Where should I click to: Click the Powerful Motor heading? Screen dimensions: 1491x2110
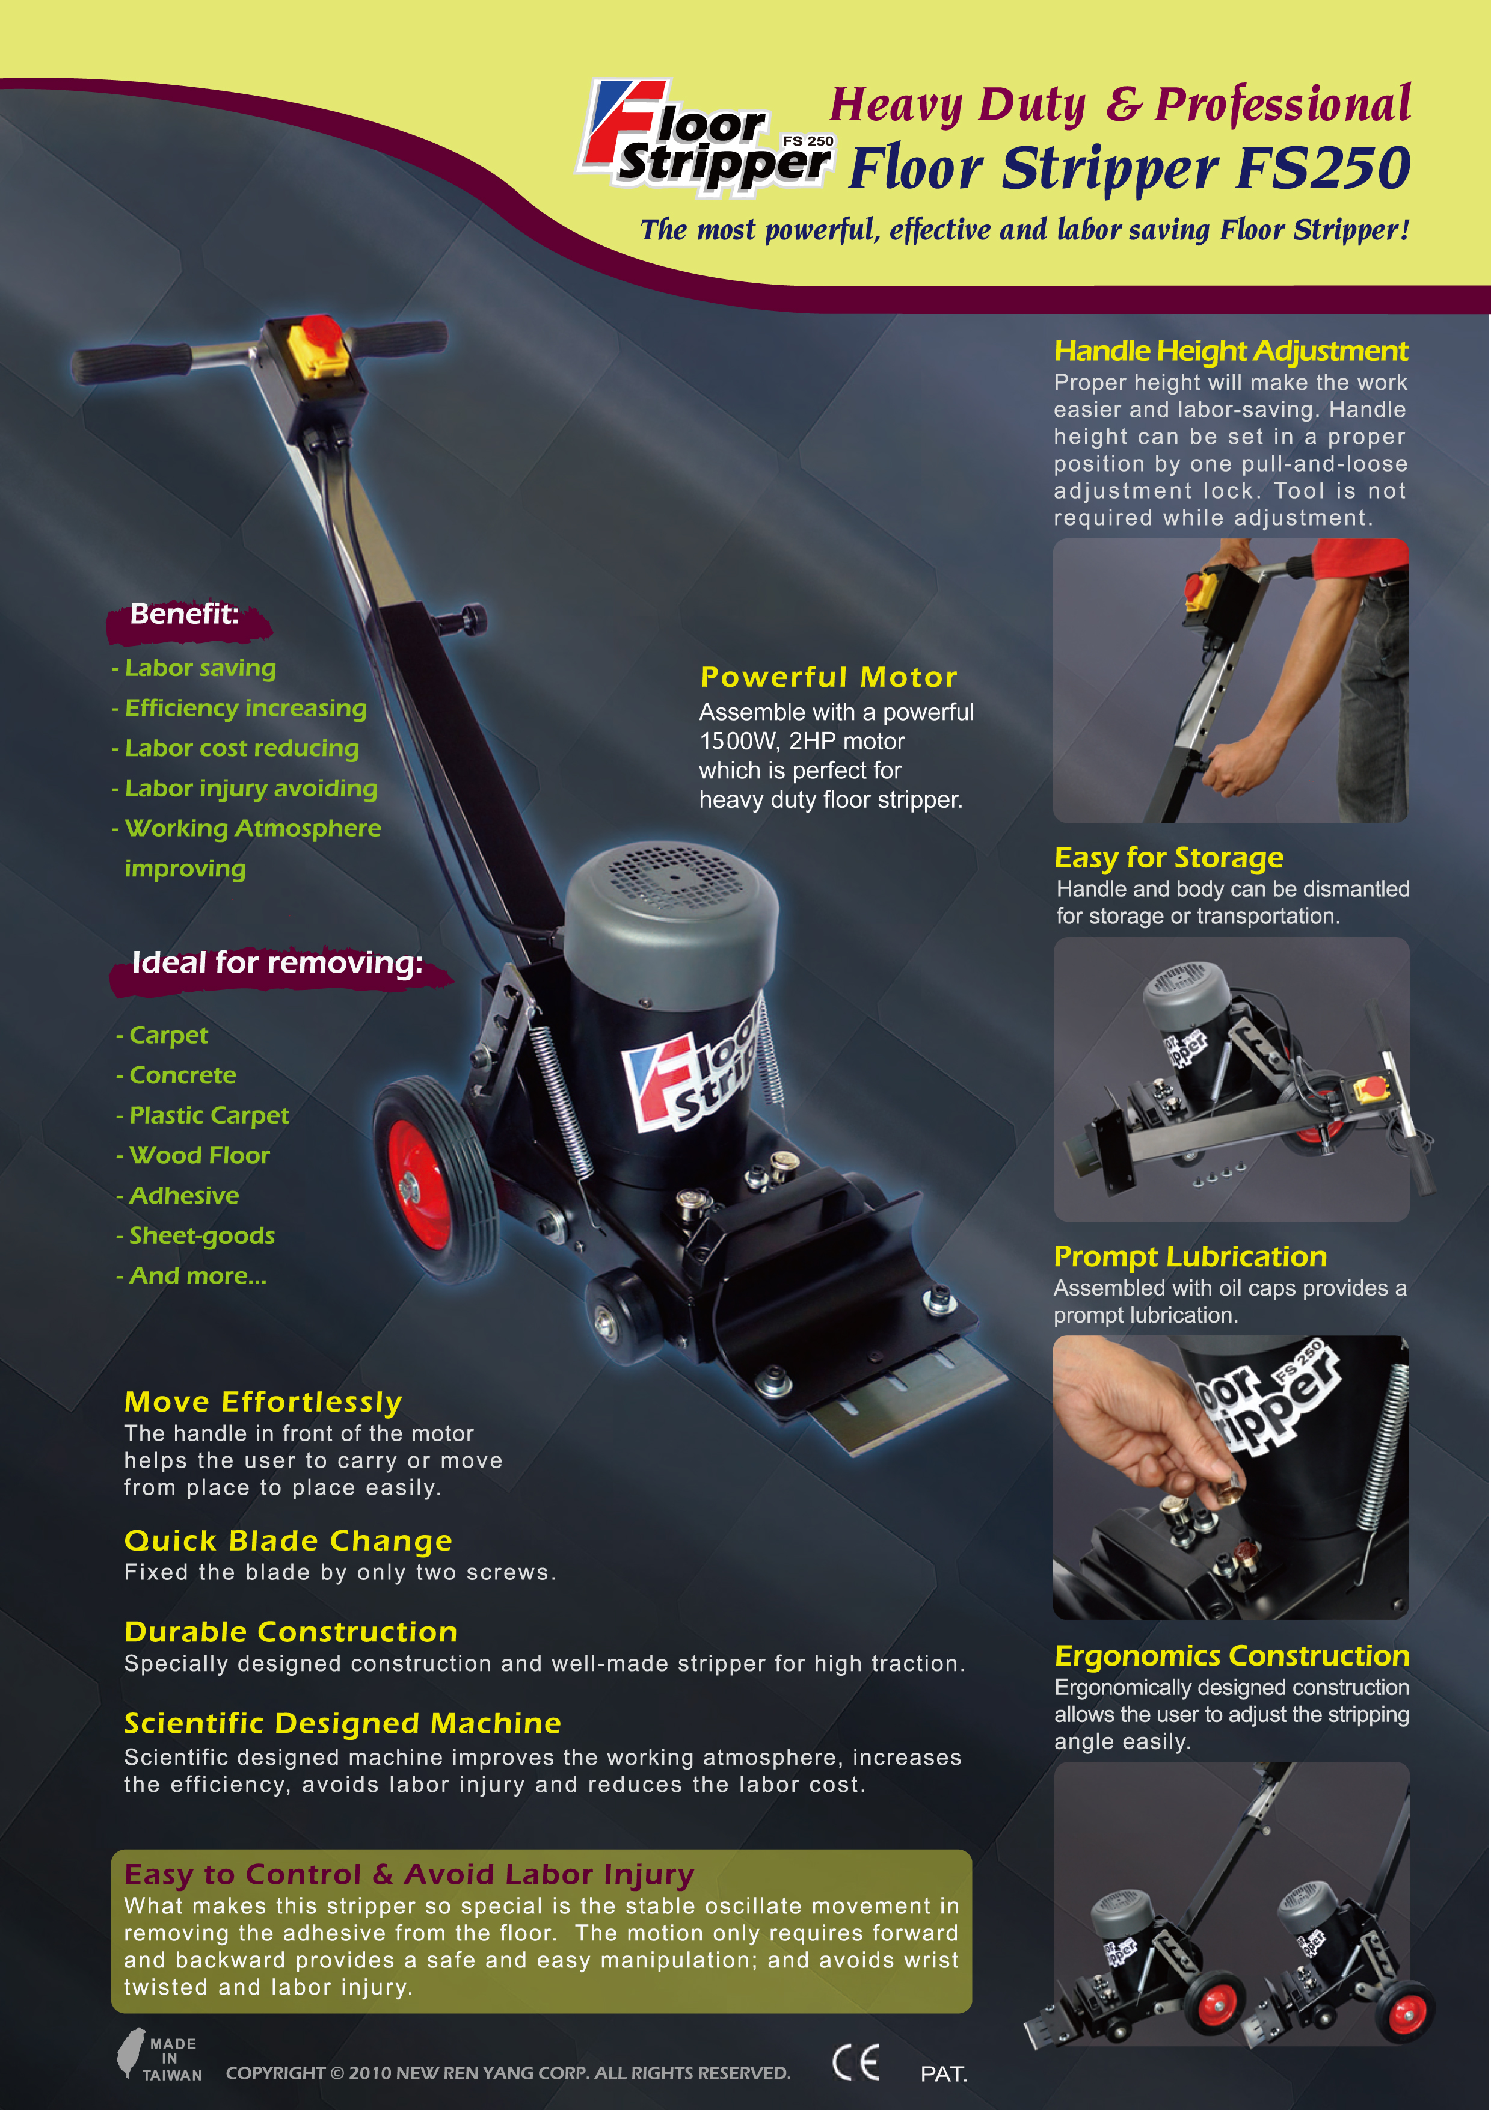pyautogui.click(x=829, y=677)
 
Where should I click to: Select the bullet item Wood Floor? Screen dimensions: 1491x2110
pyautogui.click(x=199, y=1155)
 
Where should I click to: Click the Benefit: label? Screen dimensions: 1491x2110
pyautogui.click(x=185, y=614)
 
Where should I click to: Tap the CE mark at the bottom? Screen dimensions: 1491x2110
pyautogui.click(x=855, y=2062)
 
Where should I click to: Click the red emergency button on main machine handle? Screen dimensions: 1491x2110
pyautogui.click(x=319, y=330)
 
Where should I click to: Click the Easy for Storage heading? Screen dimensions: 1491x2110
pyautogui.click(x=1169, y=858)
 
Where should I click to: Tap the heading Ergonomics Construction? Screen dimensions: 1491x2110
pyautogui.click(x=1232, y=1656)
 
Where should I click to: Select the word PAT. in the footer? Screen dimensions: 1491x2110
pyautogui.click(x=944, y=2074)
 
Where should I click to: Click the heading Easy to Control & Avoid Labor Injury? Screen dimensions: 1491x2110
pyautogui.click(x=409, y=1874)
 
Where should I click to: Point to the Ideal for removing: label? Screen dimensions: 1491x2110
pyautogui.click(x=277, y=962)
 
